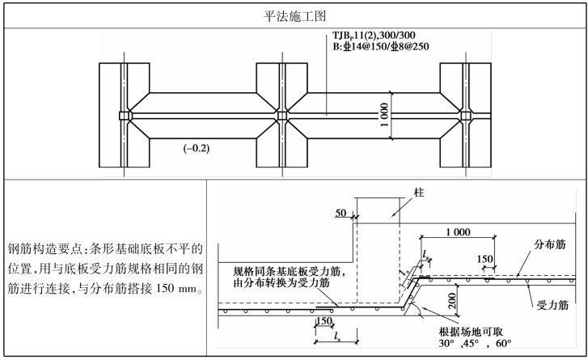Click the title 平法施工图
click(x=293, y=15)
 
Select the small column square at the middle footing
click(x=282, y=116)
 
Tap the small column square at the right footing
click(x=466, y=116)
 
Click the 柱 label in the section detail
click(x=418, y=194)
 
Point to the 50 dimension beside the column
click(x=341, y=214)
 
